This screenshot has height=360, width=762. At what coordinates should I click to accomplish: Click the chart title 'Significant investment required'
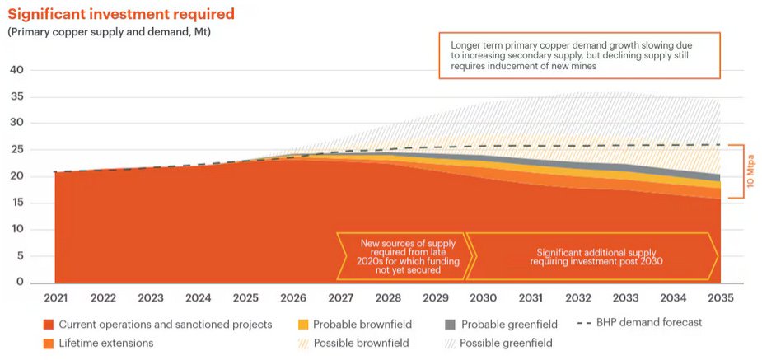121,14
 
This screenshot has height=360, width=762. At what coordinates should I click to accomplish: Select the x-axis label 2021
55,298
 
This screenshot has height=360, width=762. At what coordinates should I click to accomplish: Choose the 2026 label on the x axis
293,298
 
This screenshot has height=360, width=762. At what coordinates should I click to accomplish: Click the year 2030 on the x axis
484,298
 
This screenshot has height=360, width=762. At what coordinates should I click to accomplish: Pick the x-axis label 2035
722,298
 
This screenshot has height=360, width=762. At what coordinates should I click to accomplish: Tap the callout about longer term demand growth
579,55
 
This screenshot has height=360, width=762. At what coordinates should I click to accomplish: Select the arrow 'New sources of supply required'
404,255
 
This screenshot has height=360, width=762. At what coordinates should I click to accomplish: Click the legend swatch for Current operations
49,324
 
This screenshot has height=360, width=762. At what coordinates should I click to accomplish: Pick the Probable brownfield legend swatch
303,324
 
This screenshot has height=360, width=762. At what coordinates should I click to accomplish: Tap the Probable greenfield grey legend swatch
450,324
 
